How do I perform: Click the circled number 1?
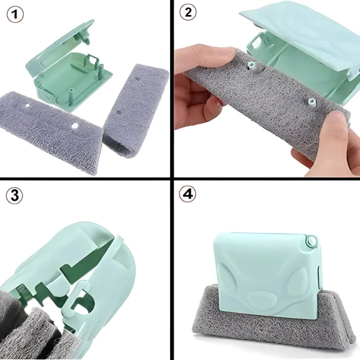(15, 14)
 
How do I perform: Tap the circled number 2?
(188, 13)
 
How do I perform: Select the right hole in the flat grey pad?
(75, 125)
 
